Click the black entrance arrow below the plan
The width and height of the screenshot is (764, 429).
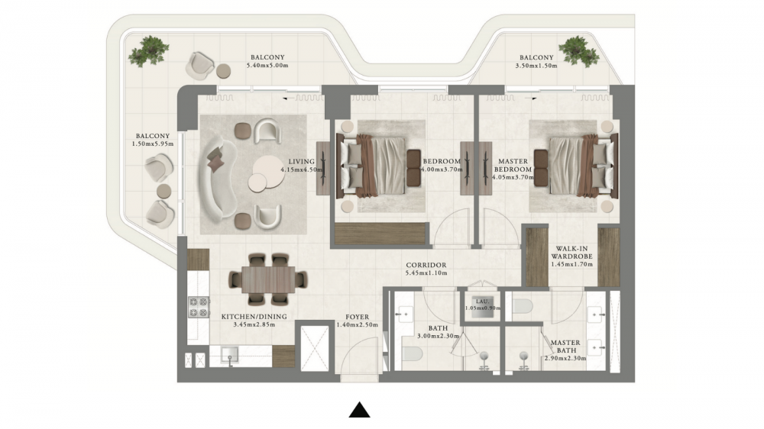(360, 410)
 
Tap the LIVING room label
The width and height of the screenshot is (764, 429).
(301, 162)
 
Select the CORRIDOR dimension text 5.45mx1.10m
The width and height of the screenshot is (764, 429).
(426, 273)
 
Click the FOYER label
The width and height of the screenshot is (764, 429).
(357, 317)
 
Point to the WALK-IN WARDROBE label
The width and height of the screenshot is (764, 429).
(572, 252)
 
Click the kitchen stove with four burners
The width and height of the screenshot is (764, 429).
(199, 308)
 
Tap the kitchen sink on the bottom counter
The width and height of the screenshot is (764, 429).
(230, 354)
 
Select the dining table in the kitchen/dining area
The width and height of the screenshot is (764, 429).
(268, 279)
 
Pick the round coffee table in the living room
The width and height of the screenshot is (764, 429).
(266, 174)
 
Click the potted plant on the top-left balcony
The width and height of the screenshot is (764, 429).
(149, 50)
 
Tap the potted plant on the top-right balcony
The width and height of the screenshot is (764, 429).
(579, 50)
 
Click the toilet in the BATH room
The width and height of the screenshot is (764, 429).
(412, 353)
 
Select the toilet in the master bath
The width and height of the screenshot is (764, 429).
(523, 306)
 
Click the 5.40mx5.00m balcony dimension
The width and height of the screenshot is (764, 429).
(267, 65)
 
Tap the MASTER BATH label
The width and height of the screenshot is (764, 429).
(565, 347)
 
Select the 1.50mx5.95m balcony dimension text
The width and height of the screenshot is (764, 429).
(153, 144)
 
